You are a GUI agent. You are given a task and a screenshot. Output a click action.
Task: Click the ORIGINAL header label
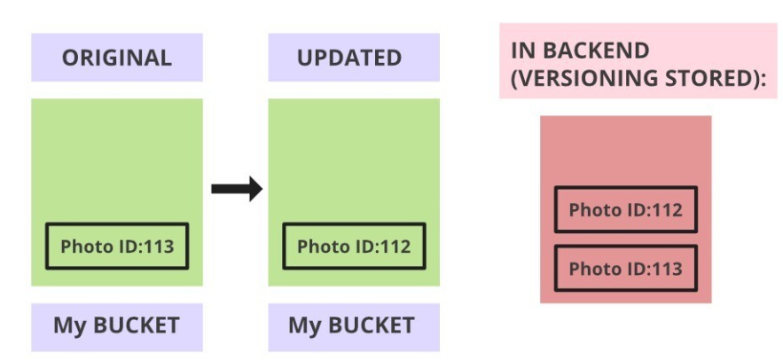coord(116,59)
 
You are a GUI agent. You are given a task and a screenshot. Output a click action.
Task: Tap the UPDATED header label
coord(348,59)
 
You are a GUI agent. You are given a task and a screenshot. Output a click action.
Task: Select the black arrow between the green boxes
coord(237,188)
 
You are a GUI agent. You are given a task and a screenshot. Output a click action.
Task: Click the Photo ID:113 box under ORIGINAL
coord(116,246)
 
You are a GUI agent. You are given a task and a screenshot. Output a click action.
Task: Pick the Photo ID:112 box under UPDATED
coord(354,246)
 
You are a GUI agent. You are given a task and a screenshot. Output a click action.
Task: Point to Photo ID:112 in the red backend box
coord(625,210)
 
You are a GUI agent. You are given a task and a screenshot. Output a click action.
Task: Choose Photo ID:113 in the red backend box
coord(625,268)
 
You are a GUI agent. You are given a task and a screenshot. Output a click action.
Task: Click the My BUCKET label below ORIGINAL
coord(116,325)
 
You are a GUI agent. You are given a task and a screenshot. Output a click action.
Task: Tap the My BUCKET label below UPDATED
coord(351,325)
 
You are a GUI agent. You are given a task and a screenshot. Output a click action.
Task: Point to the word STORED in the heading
coord(709,80)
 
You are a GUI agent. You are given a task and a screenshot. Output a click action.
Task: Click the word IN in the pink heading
coord(523,50)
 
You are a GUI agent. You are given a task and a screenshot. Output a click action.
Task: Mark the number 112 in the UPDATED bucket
coord(395,246)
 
